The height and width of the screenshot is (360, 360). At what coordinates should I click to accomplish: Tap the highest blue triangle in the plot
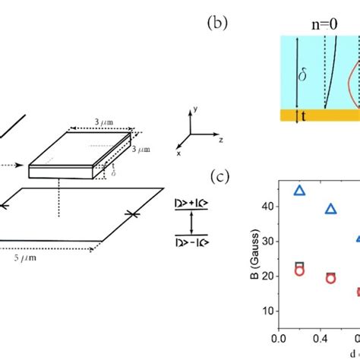click(x=300, y=191)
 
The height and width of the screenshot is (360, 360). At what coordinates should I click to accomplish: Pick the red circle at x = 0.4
click(x=330, y=279)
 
